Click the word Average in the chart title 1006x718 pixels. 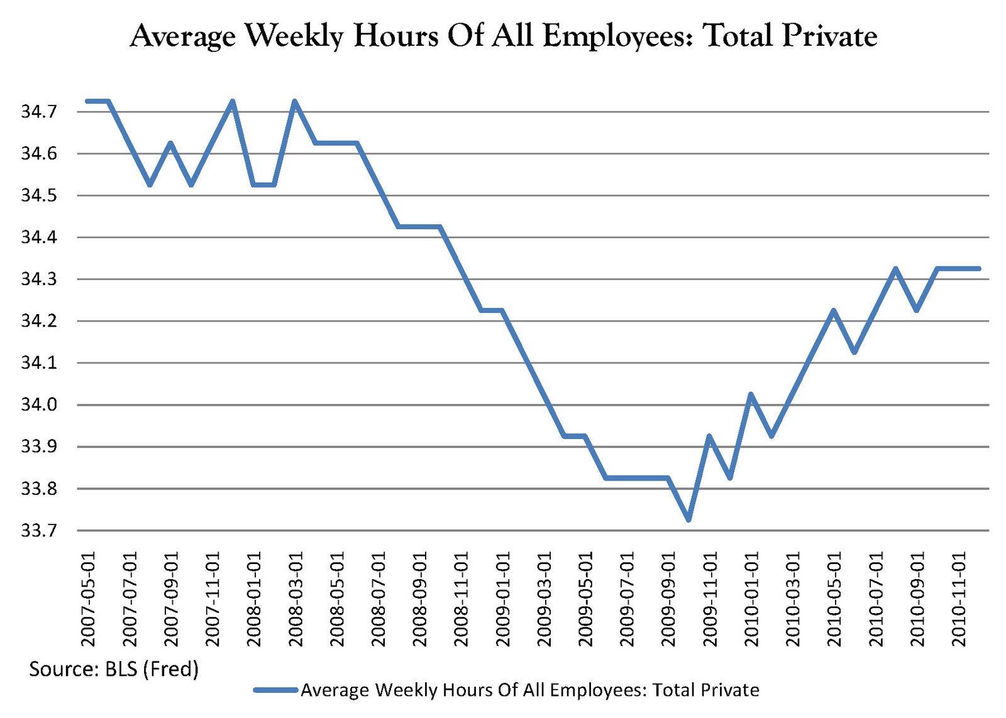pyautogui.click(x=182, y=36)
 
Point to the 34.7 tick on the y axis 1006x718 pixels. pyautogui.click(x=39, y=112)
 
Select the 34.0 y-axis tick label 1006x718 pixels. pyautogui.click(x=39, y=405)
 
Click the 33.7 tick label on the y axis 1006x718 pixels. pyautogui.click(x=39, y=531)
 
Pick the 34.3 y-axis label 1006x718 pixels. pyautogui.click(x=39, y=279)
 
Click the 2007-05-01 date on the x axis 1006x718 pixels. pyautogui.click(x=88, y=599)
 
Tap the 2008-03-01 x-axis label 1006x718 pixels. pyautogui.click(x=296, y=599)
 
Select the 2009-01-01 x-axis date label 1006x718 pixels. pyautogui.click(x=503, y=599)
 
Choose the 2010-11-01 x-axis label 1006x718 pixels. pyautogui.click(x=958, y=599)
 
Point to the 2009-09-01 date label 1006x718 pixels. pyautogui.click(x=668, y=599)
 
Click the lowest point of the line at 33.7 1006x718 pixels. pyautogui.click(x=688, y=519)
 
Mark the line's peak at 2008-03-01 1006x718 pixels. pyautogui.click(x=295, y=101)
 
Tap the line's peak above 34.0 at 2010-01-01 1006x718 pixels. pyautogui.click(x=750, y=394)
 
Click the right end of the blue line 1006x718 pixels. pyautogui.click(x=978, y=269)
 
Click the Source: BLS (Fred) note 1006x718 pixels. pyautogui.click(x=114, y=668)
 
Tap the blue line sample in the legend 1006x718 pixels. pyautogui.click(x=275, y=690)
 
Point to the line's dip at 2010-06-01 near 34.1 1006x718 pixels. pyautogui.click(x=854, y=352)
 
